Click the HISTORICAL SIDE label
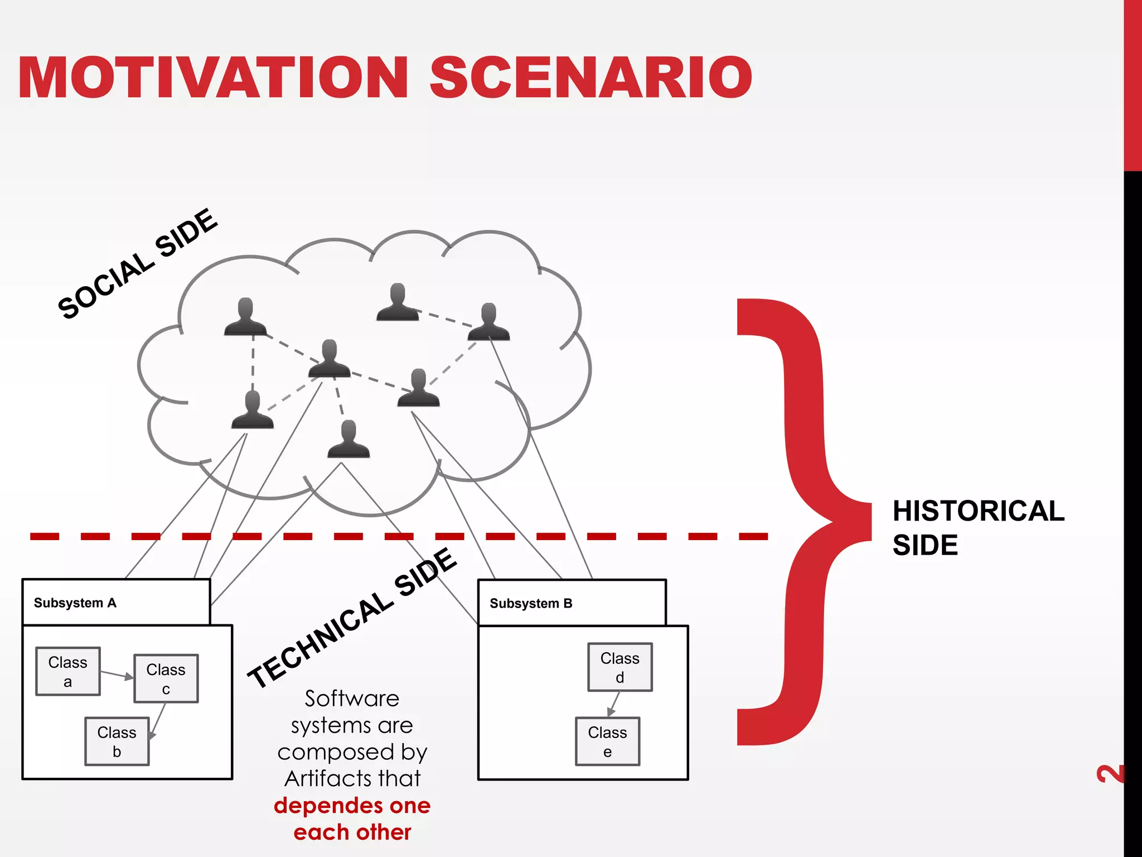tap(978, 527)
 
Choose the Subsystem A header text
tap(75, 603)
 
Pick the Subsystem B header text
tap(531, 604)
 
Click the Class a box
tap(68, 671)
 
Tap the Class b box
tap(117, 742)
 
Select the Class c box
tap(166, 678)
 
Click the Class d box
tap(620, 667)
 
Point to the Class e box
tap(607, 742)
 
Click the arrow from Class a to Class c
tap(117, 675)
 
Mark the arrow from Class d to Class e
tap(614, 704)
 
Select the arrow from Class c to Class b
tap(158, 720)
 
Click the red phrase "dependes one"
tap(352, 806)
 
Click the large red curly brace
tap(803, 522)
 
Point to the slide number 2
tap(1110, 774)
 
